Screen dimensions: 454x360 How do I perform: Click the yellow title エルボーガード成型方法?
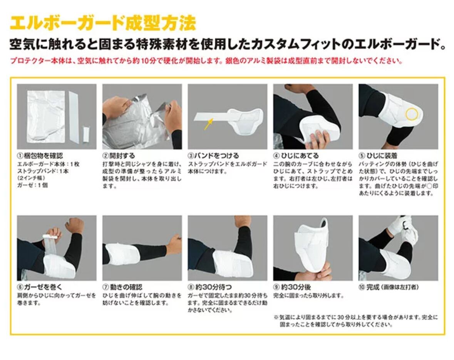coord(103,23)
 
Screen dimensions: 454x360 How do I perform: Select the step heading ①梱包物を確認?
coord(40,156)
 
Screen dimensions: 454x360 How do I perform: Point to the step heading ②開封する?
coord(119,156)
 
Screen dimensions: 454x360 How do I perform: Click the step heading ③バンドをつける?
coord(213,156)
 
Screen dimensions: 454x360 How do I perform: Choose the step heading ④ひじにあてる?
coord(296,156)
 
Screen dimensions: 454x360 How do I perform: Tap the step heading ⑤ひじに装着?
coord(378,156)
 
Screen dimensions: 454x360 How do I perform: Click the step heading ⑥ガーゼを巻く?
coord(40,287)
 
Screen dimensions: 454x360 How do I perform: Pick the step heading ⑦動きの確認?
coord(122,287)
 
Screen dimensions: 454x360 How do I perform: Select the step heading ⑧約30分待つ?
coord(210,287)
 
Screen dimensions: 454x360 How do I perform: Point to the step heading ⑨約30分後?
coord(292,287)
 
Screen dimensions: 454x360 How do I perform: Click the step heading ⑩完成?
coord(389,287)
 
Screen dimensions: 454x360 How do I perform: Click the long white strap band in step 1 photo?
coord(74,117)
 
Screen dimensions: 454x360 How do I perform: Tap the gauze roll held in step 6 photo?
coord(52,238)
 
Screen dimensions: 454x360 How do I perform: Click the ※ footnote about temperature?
coord(356,321)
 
